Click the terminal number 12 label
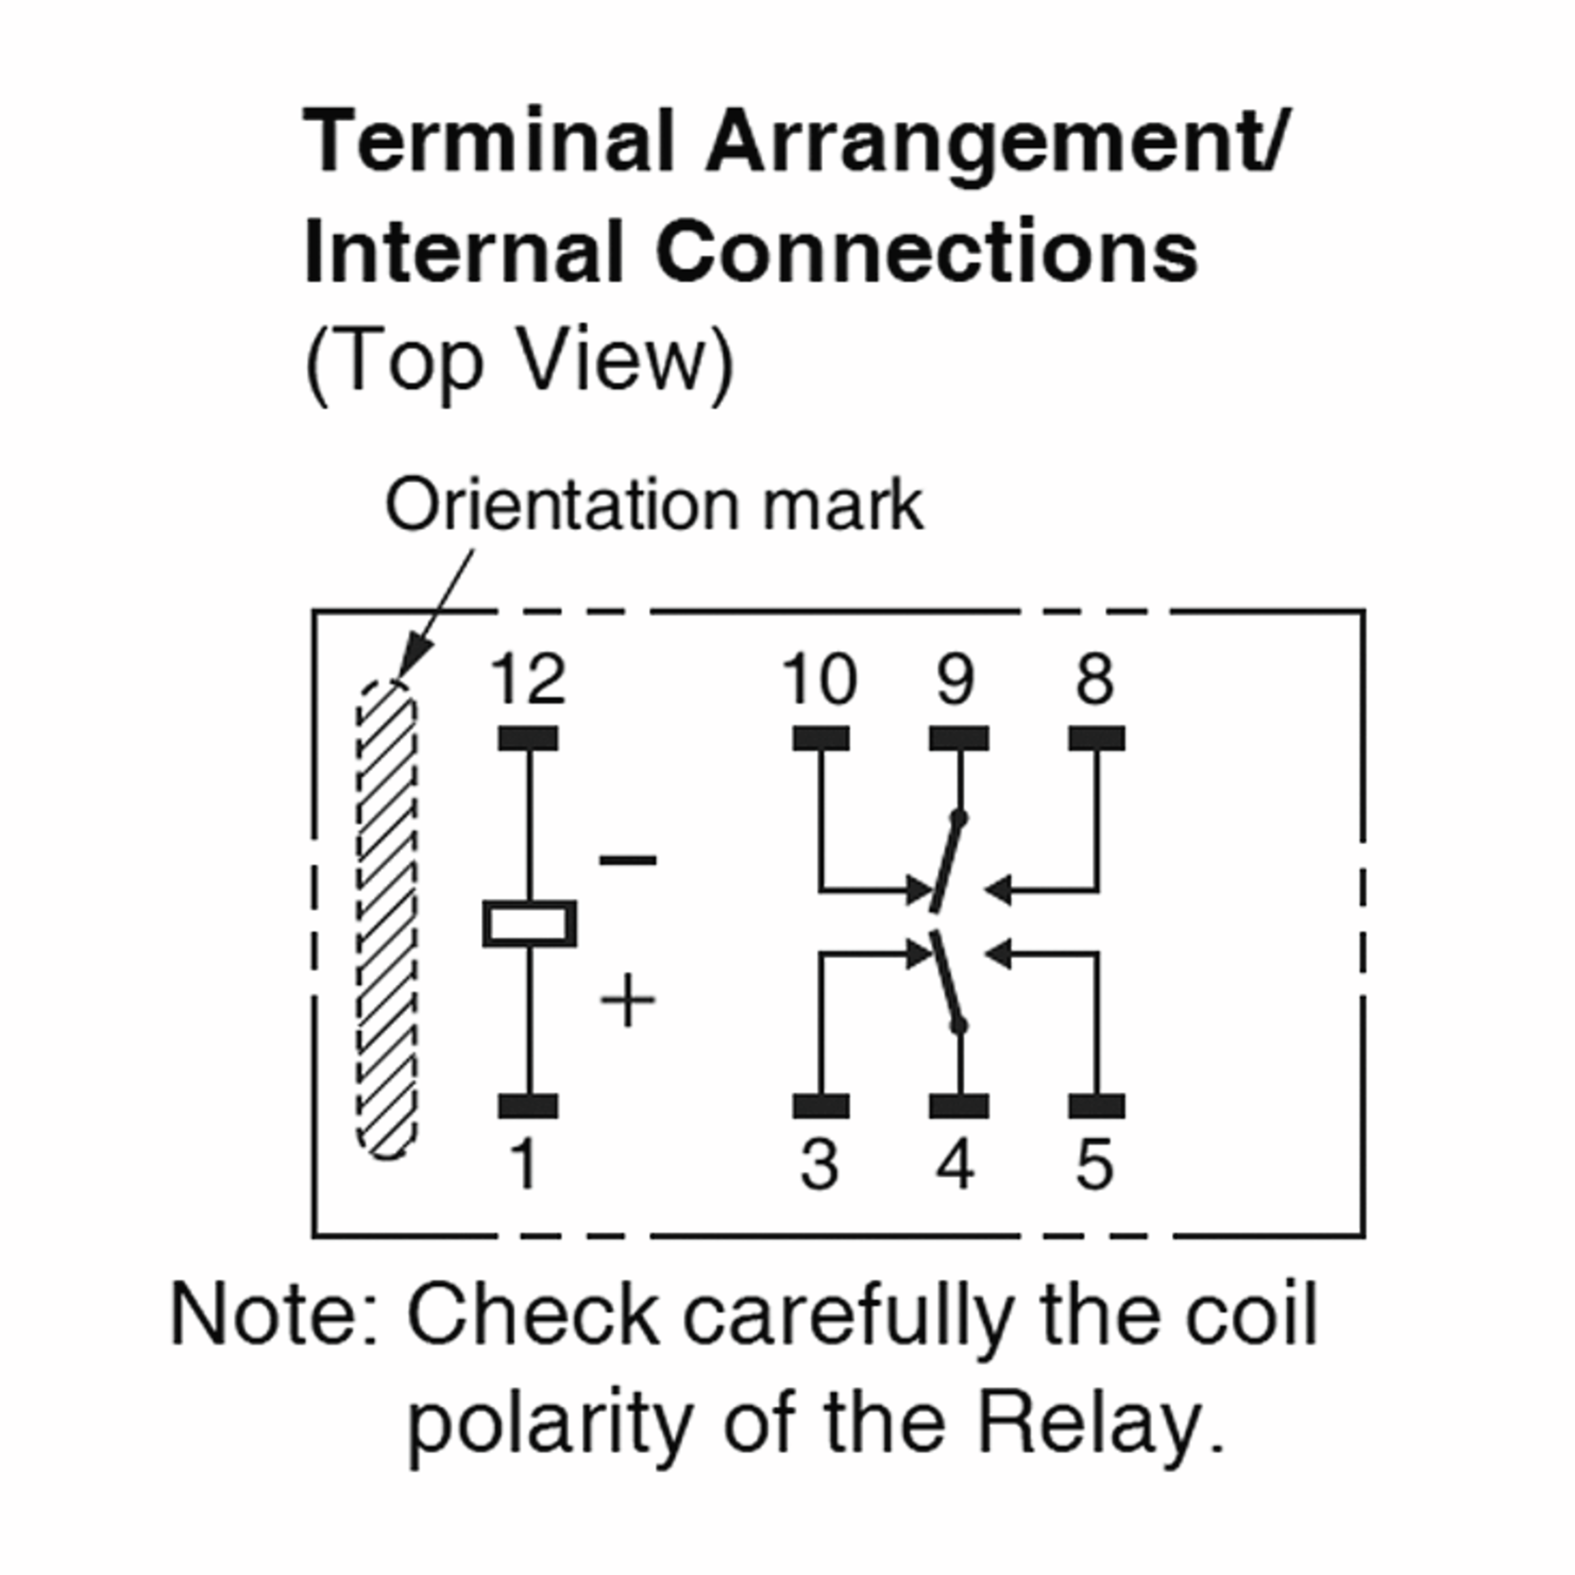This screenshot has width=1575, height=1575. click(528, 679)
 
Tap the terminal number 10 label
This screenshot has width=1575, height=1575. click(819, 679)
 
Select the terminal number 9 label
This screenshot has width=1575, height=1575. click(955, 679)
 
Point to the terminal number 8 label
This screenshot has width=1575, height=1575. click(1095, 679)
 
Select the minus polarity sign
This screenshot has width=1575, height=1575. click(628, 860)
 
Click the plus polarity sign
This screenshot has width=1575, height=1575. click(628, 999)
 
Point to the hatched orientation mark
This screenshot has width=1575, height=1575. click(387, 919)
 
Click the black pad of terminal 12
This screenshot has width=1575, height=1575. click(528, 738)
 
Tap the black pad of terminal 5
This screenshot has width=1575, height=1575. click(1097, 1106)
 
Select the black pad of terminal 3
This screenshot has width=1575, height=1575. click(821, 1106)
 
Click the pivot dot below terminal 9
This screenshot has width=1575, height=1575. click(959, 818)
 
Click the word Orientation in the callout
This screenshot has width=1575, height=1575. click(562, 505)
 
